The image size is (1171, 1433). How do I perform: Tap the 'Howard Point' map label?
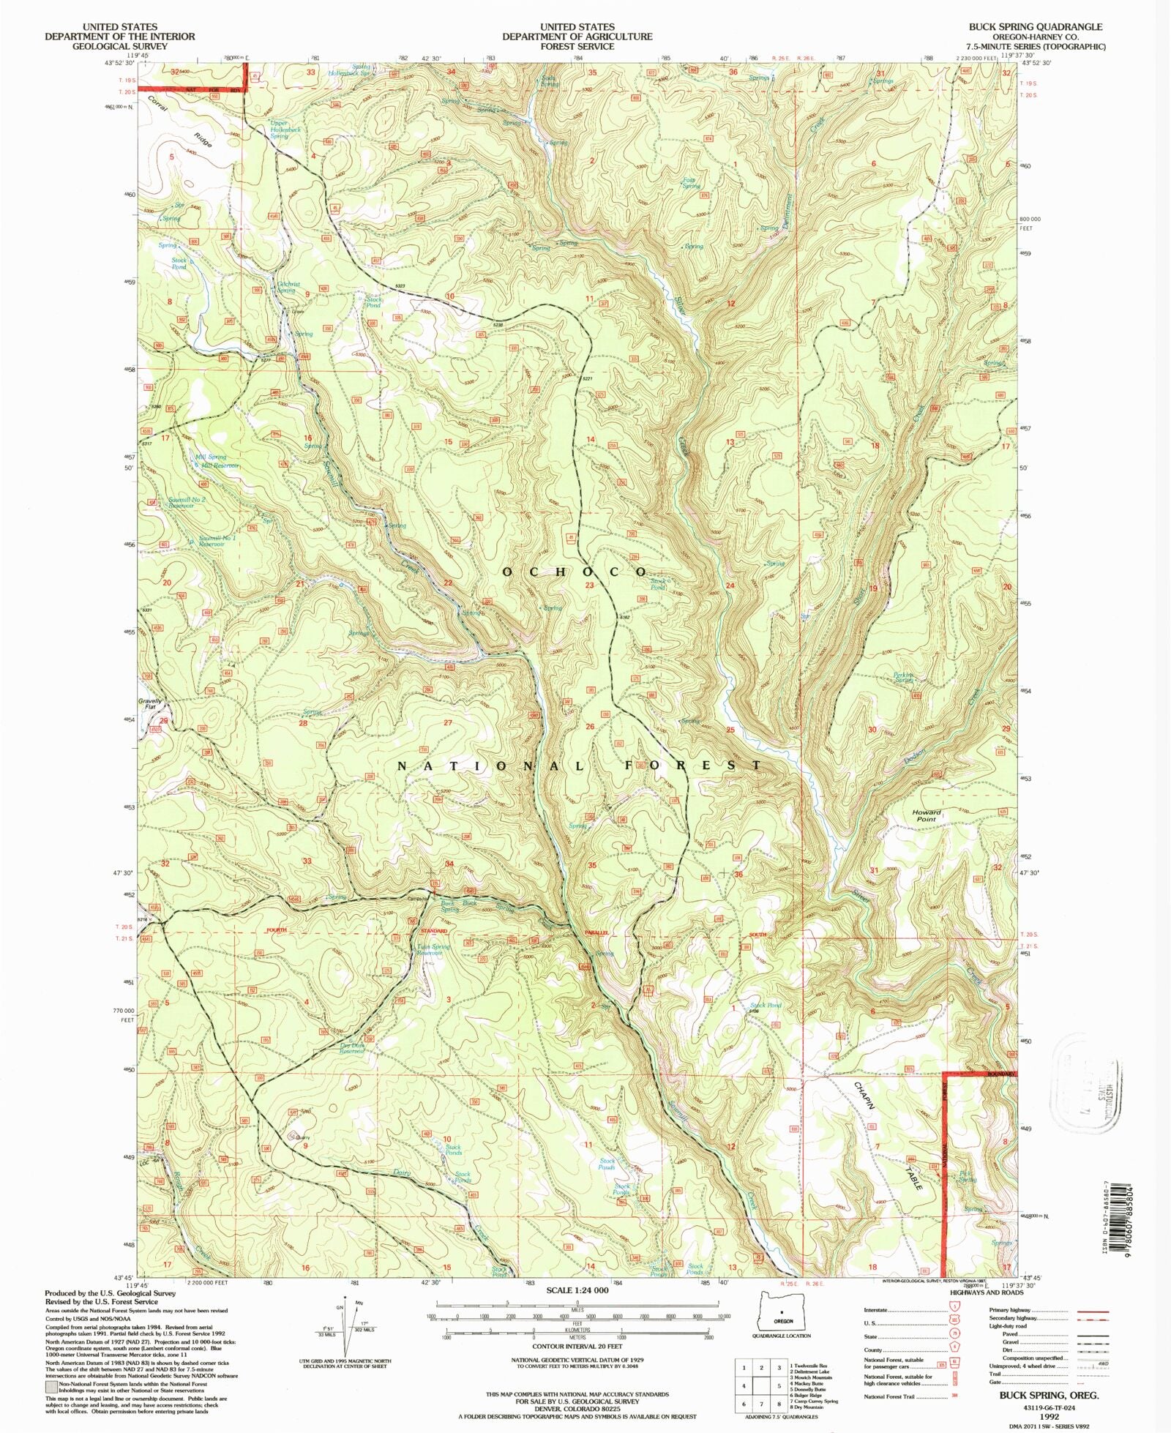pos(926,815)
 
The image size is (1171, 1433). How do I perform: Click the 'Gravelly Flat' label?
pos(150,704)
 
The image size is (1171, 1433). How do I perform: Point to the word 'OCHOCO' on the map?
pos(575,571)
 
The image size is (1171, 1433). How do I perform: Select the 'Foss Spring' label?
pos(689,183)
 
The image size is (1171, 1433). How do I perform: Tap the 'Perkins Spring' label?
pos(904,677)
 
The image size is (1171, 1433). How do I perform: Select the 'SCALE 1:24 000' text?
pos(577,1290)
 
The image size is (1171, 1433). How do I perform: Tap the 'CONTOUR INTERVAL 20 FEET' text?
pos(577,1346)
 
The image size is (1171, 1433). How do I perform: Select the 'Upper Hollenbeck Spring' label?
pos(279,130)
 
